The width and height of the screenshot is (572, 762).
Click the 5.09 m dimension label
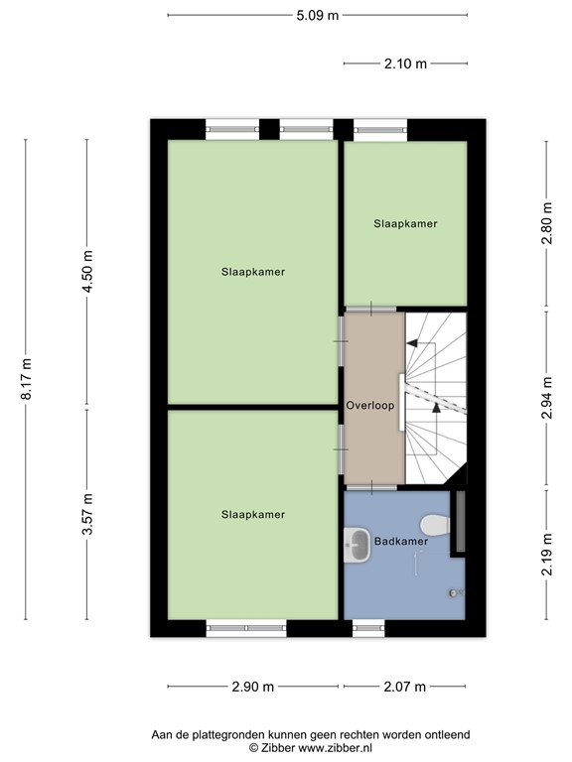click(x=317, y=15)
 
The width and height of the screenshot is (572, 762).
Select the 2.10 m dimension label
click(x=405, y=63)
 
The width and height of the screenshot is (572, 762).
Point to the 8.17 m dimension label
click(x=27, y=378)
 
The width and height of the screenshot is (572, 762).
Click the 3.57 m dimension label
click(x=87, y=515)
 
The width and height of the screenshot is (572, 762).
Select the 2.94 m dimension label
click(x=545, y=399)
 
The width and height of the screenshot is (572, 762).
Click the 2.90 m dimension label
click(x=254, y=687)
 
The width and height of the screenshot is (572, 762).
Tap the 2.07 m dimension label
click(x=404, y=687)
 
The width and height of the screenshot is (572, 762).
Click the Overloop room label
click(x=371, y=406)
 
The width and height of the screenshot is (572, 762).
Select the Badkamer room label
click(x=401, y=542)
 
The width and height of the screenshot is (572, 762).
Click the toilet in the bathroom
click(x=433, y=524)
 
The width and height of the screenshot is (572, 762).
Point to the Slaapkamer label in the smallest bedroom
click(x=405, y=224)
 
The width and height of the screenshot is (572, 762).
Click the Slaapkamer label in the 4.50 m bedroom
click(x=253, y=271)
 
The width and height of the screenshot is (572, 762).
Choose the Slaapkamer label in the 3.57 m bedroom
click(x=253, y=514)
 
